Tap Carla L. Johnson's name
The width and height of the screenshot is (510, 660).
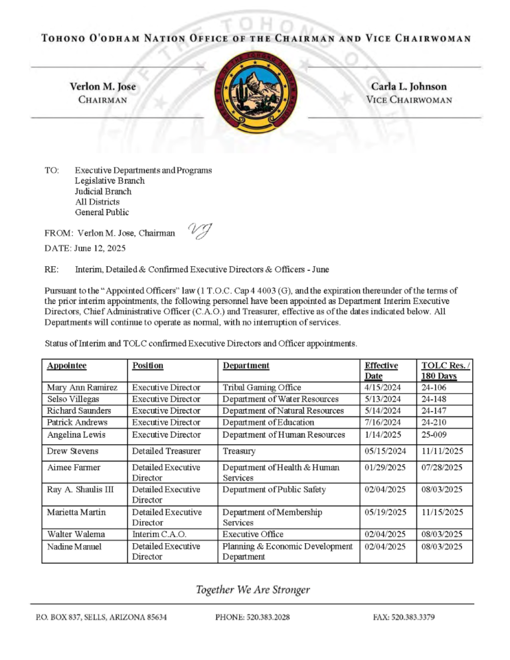(x=408, y=86)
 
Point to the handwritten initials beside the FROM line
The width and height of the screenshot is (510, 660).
(x=200, y=230)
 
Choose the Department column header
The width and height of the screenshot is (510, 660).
(x=246, y=365)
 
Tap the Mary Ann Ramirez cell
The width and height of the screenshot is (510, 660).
(x=82, y=387)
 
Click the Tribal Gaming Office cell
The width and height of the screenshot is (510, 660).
(x=262, y=387)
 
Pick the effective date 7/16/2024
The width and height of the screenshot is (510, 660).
(x=382, y=422)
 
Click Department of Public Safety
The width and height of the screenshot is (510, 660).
(x=274, y=490)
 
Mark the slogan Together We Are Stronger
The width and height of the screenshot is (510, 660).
(x=252, y=590)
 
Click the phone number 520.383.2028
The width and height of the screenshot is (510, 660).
(x=252, y=618)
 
